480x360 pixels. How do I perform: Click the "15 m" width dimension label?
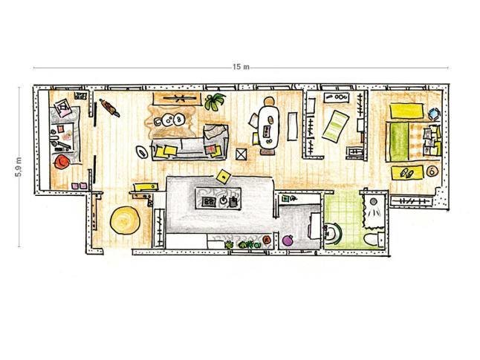click(x=241, y=67)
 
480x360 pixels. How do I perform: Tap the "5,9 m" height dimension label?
click(x=19, y=167)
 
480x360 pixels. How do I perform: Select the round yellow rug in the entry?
click(x=126, y=220)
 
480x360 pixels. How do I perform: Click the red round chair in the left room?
click(x=61, y=162)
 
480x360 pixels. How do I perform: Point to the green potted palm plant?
click(x=214, y=101)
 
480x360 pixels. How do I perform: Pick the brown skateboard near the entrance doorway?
click(x=109, y=108)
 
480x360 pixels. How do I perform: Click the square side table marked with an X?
click(x=241, y=154)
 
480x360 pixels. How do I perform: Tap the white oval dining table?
click(x=269, y=128)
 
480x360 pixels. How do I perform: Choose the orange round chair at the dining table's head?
click(x=269, y=101)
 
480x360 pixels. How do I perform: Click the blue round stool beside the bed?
click(x=434, y=114)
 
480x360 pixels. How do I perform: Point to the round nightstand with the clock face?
click(x=432, y=171)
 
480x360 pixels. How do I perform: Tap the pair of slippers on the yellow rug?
click(x=406, y=173)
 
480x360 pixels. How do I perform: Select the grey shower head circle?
click(x=373, y=202)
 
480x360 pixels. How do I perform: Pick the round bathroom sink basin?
click(x=331, y=234)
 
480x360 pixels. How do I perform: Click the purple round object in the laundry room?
click(x=288, y=240)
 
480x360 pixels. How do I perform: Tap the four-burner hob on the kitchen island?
click(x=210, y=201)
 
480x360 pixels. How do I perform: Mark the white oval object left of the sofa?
click(x=142, y=151)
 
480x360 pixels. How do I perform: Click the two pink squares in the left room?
click(x=79, y=186)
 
